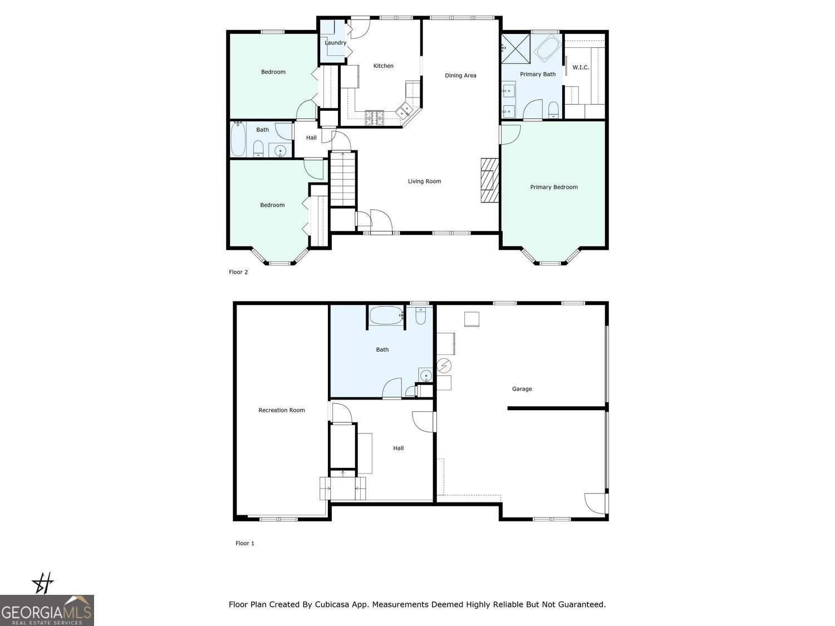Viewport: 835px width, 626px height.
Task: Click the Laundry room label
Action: point(335,43)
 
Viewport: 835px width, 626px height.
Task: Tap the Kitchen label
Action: point(383,66)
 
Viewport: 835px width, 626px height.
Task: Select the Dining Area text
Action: point(460,76)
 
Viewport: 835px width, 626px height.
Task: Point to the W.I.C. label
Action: point(581,67)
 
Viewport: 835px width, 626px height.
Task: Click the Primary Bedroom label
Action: point(553,188)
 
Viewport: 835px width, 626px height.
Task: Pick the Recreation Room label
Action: point(282,411)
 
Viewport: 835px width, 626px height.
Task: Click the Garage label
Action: point(522,390)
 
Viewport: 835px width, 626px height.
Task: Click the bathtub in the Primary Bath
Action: point(548,48)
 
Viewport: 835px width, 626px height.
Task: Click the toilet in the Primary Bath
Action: point(553,110)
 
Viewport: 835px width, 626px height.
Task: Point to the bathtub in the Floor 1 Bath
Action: point(386,316)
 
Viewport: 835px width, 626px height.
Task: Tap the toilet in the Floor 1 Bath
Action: point(421,316)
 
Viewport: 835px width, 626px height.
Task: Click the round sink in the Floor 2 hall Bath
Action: point(281,150)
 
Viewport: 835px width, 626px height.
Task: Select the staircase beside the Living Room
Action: point(342,179)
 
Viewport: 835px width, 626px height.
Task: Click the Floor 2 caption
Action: point(238,272)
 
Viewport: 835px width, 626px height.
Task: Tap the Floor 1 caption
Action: point(245,544)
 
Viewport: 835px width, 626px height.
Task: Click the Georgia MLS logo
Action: point(47,610)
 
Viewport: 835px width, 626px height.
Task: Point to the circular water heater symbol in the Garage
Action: point(444,366)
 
